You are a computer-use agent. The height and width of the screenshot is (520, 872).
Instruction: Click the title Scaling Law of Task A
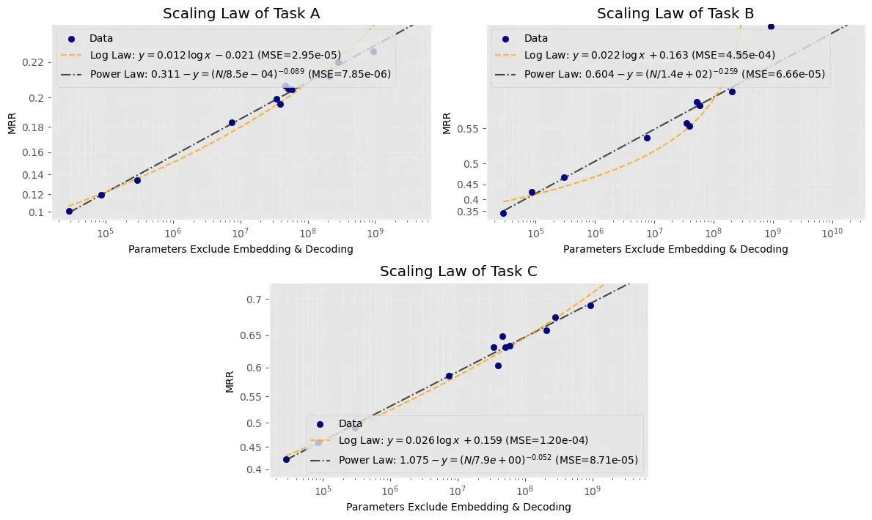241,13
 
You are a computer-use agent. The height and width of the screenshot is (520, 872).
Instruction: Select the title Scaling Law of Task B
675,13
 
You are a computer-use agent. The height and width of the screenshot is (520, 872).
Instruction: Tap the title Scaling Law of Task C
458,271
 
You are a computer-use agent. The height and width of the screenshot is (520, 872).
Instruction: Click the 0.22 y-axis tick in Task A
33,62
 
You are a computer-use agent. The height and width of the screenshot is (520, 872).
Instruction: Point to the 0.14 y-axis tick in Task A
33,175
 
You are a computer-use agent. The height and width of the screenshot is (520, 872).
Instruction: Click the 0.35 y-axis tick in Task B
468,212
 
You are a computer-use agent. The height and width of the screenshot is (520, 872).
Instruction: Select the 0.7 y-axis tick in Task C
254,300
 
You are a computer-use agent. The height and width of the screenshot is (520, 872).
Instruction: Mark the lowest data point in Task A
69,211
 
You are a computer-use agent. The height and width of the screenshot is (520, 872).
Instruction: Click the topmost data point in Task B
771,26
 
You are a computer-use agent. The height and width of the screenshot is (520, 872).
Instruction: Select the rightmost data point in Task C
590,305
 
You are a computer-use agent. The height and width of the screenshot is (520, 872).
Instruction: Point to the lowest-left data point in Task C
287,459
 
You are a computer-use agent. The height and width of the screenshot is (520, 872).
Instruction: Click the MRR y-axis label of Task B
447,123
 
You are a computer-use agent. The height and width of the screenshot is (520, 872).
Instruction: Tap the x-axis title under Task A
241,249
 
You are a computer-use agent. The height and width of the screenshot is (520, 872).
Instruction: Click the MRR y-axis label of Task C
230,382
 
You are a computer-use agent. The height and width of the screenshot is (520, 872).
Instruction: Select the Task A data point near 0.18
232,123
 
